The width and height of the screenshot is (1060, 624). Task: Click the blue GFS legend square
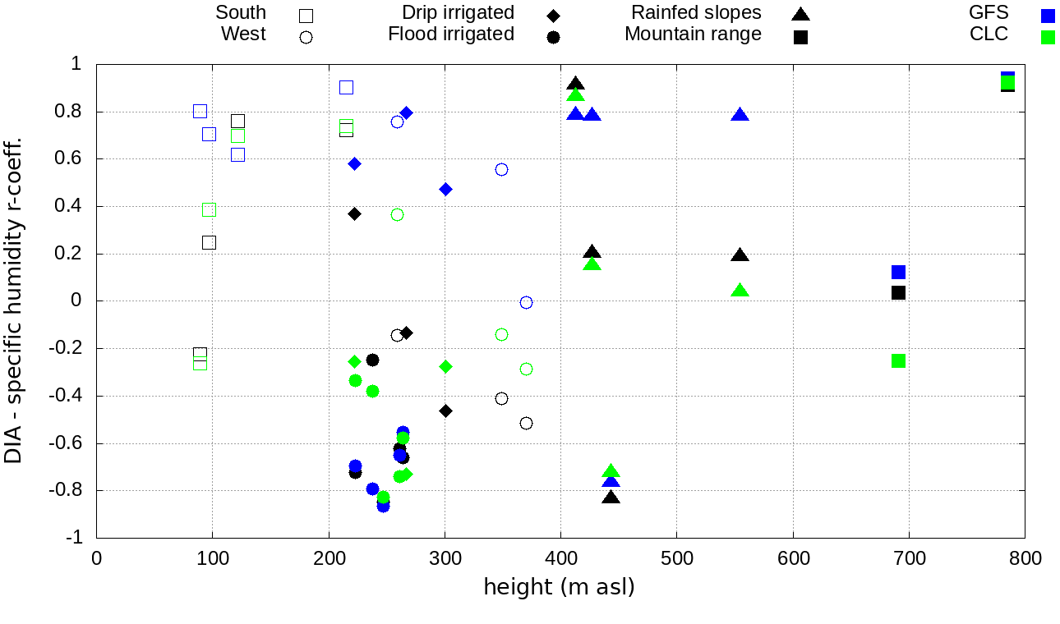[x=1048, y=16]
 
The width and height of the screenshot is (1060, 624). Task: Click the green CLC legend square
[x=1048, y=37]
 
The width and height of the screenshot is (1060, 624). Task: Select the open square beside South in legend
[x=306, y=16]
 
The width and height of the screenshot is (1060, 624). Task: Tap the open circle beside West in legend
[x=306, y=37]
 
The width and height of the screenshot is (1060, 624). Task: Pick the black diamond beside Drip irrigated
[x=553, y=16]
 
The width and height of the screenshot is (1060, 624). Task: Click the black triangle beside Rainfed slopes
[x=800, y=14]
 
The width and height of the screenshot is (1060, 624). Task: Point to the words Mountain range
[x=693, y=34]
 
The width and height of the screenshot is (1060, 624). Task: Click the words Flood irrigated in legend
[x=451, y=34]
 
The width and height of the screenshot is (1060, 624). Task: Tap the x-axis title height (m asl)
[x=559, y=588]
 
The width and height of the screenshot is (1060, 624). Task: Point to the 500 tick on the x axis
[x=677, y=558]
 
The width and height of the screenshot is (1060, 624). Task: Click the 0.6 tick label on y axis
[x=76, y=159]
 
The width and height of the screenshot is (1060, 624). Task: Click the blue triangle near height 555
[x=740, y=115]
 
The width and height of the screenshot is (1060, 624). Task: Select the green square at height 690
[x=898, y=361]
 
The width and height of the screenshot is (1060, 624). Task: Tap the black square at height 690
[x=898, y=293]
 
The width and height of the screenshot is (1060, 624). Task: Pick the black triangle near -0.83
[x=611, y=497]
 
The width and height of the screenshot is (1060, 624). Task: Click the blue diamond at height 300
[x=445, y=190]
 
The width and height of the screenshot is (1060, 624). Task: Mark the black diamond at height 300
[x=445, y=411]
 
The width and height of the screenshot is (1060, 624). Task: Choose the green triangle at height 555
[x=740, y=291]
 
